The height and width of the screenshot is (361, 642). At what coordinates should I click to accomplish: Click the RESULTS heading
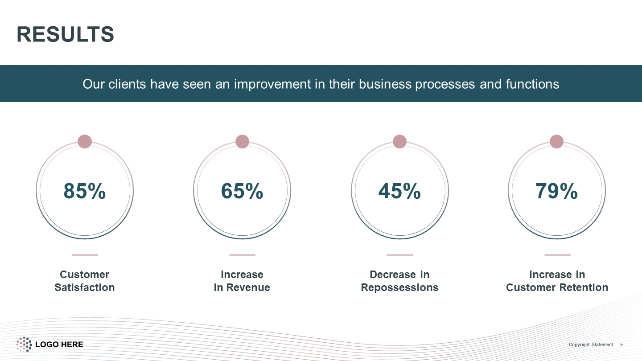66,34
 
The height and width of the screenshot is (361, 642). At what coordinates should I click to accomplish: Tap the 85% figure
85,191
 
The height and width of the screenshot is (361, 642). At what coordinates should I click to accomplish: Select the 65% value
242,191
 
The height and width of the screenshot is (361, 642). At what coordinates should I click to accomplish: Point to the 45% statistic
399,191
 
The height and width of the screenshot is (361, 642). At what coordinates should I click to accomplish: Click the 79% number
556,191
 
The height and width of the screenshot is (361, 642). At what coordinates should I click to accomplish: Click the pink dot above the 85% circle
85,142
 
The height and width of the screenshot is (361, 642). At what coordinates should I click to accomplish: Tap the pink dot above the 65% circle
242,142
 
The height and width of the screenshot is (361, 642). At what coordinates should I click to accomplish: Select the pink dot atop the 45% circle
399,142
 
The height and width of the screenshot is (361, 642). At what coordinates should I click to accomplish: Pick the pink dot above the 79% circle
556,142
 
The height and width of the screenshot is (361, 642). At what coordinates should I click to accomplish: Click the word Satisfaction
85,287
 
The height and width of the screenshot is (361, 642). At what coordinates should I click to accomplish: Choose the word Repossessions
399,288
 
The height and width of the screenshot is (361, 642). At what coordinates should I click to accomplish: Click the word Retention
584,287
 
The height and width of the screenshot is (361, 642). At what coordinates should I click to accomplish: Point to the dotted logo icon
24,345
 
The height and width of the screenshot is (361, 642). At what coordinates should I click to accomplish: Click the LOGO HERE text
59,345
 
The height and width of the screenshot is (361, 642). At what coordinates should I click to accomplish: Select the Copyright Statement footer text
591,345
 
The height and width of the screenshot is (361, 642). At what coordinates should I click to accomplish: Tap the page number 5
621,345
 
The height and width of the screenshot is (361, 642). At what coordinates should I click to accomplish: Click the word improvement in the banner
272,84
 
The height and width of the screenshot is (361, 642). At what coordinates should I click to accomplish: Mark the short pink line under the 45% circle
399,255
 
